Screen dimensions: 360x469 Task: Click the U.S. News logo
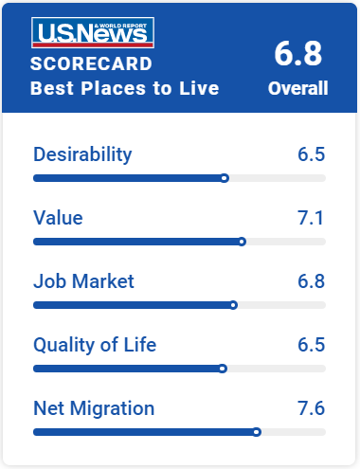pos(93,33)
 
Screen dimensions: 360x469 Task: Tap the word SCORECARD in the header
pos(91,63)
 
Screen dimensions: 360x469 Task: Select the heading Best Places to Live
pos(124,88)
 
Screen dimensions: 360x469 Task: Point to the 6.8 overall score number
pos(297,54)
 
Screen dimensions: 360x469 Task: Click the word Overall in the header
pos(297,88)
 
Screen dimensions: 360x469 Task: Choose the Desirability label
pos(82,154)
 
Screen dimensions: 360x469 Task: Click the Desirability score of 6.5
pos(312,154)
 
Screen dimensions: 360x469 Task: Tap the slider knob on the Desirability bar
pos(225,178)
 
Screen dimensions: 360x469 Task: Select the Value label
pos(58,218)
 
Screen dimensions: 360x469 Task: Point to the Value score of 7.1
pos(311,218)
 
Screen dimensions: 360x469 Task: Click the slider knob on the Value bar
pos(242,242)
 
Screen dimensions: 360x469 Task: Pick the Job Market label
pos(83,281)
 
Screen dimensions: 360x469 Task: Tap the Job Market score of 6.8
pos(312,281)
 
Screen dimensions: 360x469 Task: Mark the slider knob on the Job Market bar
pos(233,305)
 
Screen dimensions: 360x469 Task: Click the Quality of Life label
pos(95,345)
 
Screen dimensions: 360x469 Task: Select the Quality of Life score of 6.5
pos(312,345)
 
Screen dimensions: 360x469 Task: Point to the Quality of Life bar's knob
pos(223,369)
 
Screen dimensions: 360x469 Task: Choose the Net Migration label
pos(94,408)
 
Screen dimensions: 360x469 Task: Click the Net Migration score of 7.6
pos(312,408)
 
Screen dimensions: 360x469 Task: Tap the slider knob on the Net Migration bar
pos(257,432)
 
